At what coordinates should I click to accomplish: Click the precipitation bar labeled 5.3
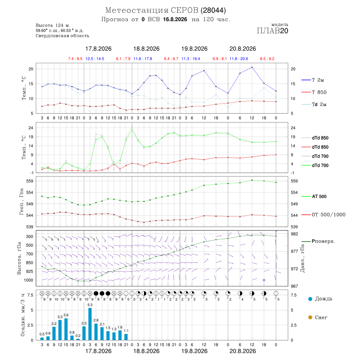click(90, 324)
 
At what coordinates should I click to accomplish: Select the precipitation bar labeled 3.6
click(66, 329)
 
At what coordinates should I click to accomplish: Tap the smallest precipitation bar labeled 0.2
click(78, 339)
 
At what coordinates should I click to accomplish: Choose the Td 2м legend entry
click(314, 104)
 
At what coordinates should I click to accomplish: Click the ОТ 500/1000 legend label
click(328, 215)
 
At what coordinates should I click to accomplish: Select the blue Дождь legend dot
click(310, 299)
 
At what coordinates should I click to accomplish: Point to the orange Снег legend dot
click(310, 317)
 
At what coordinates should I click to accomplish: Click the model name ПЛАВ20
click(272, 31)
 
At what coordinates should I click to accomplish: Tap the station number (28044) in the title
click(213, 10)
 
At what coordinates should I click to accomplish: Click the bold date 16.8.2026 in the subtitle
click(175, 20)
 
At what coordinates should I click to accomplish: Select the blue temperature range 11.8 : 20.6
click(239, 59)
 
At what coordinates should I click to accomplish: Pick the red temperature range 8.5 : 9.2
click(267, 59)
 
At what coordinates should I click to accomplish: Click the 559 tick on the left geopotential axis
click(30, 181)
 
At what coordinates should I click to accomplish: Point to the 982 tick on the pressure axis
click(294, 234)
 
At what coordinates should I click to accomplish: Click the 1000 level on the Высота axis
click(28, 280)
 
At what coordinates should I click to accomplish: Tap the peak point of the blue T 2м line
click(252, 67)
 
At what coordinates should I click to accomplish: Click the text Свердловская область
click(62, 36)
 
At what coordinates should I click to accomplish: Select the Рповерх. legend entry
click(318, 241)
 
